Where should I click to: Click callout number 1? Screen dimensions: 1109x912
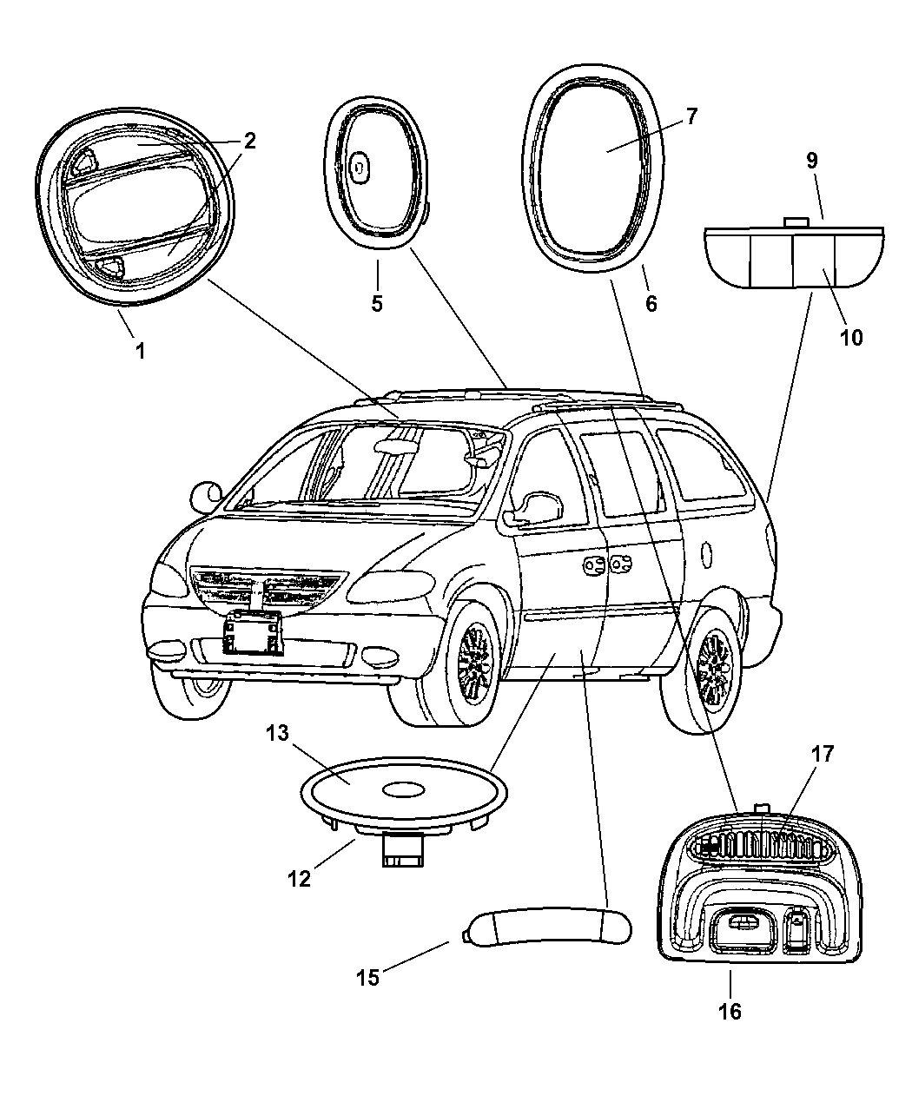pyautogui.click(x=139, y=350)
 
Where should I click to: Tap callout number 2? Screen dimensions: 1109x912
pyautogui.click(x=249, y=142)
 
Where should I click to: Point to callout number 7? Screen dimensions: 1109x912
pyautogui.click(x=691, y=117)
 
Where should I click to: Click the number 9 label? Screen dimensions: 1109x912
pyautogui.click(x=811, y=160)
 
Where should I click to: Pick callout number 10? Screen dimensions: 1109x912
pyautogui.click(x=852, y=337)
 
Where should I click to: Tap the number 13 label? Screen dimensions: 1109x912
pyautogui.click(x=276, y=734)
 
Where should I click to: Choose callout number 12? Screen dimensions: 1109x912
pyautogui.click(x=299, y=878)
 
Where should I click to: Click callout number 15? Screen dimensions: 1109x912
pyautogui.click(x=367, y=977)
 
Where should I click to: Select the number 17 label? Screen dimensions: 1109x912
pyautogui.click(x=822, y=754)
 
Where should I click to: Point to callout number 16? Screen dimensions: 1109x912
pyautogui.click(x=730, y=1011)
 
